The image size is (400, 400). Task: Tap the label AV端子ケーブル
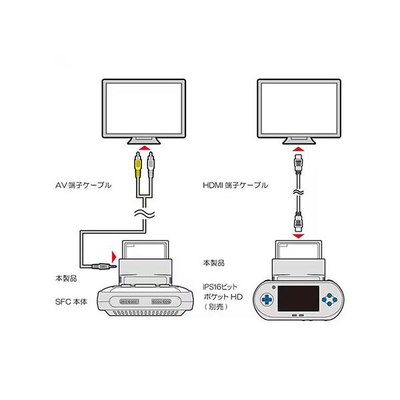(x=83, y=185)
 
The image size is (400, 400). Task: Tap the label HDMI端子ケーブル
(x=235, y=185)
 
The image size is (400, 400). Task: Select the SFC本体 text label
(x=71, y=302)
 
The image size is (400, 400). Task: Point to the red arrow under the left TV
(x=144, y=148)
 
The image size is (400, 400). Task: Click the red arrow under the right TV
(x=299, y=149)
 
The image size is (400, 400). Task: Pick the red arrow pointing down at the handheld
(x=298, y=236)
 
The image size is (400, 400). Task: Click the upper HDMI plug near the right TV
(x=299, y=164)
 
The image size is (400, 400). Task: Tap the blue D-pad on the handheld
(x=267, y=299)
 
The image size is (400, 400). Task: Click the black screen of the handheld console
(x=298, y=299)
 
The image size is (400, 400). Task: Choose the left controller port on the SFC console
(x=129, y=302)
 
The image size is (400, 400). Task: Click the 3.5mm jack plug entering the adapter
(x=104, y=266)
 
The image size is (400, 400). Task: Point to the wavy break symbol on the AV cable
(x=145, y=213)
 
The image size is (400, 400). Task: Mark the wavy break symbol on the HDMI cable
(x=299, y=192)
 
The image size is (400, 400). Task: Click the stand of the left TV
(x=144, y=141)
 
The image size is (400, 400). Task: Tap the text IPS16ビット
(x=221, y=287)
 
